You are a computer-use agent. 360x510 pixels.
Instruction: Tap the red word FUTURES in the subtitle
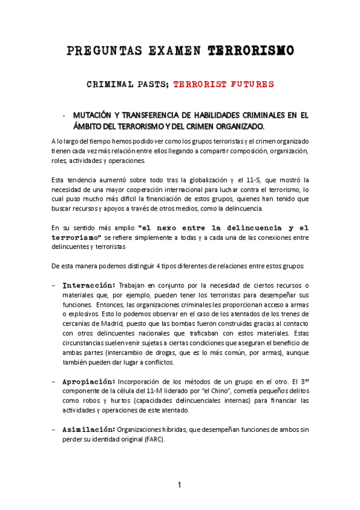(249, 84)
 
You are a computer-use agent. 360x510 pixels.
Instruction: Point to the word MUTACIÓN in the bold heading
(94, 115)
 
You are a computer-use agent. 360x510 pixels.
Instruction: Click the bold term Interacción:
(89, 284)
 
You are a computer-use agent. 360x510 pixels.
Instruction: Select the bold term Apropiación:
(89, 381)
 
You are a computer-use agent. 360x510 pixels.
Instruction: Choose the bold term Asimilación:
(89, 429)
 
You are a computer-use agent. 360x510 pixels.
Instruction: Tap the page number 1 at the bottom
(179, 485)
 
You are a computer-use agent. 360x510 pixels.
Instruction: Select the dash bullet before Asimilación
(55, 429)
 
